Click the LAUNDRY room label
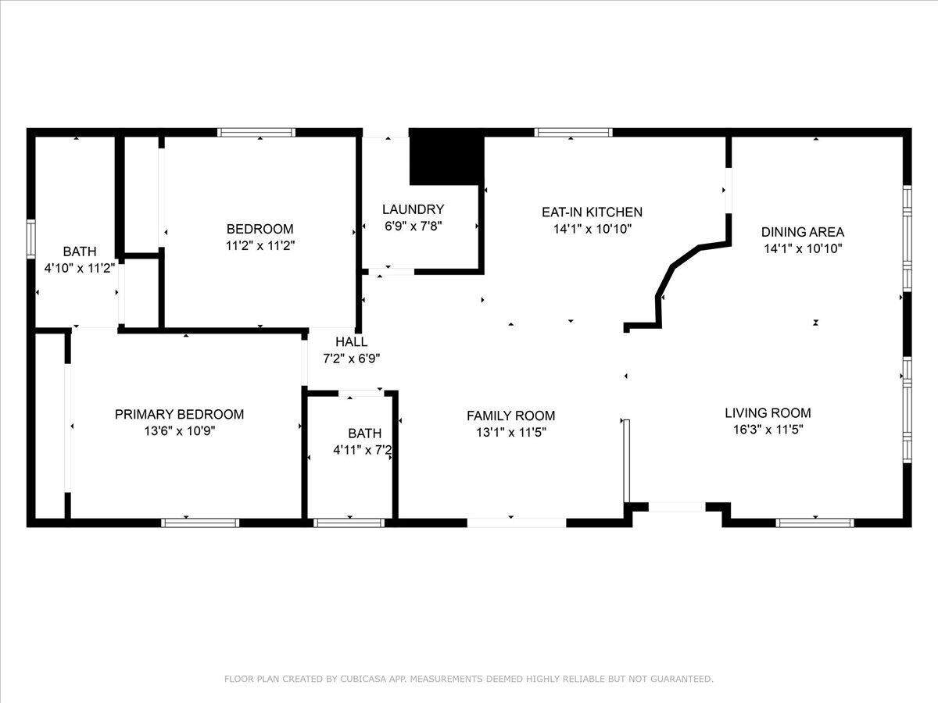point(413,209)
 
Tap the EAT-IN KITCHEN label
point(592,212)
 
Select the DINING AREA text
point(803,232)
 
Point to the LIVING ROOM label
point(768,412)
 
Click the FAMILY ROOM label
point(510,416)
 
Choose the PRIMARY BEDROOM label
point(180,414)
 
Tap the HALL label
point(351,341)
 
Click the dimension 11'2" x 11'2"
point(260,245)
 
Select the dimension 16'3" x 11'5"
point(768,430)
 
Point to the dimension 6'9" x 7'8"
point(413,226)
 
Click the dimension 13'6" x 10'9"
point(180,430)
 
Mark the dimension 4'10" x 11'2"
point(80,268)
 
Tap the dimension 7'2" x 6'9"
point(351,358)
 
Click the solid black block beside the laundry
point(447,157)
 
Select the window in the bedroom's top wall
point(256,132)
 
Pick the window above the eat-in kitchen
point(574,132)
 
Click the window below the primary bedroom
point(200,523)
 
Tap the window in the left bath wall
point(30,239)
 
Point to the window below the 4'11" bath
point(349,523)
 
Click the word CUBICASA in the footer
point(363,679)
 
